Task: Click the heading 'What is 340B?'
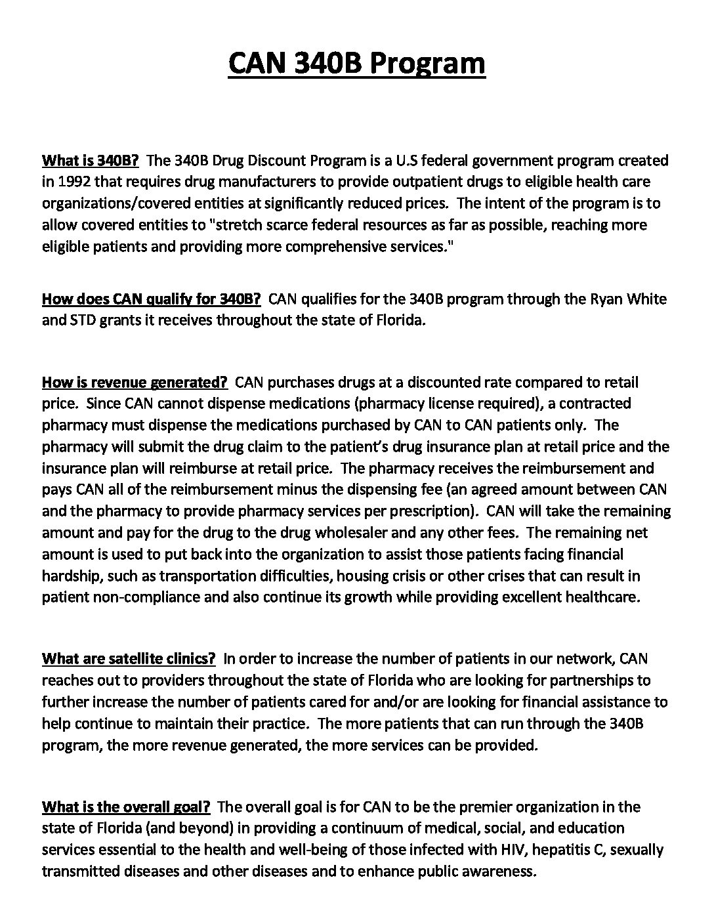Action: [91, 160]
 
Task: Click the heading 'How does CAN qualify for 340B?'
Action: [152, 299]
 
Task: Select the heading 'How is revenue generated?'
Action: [135, 382]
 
